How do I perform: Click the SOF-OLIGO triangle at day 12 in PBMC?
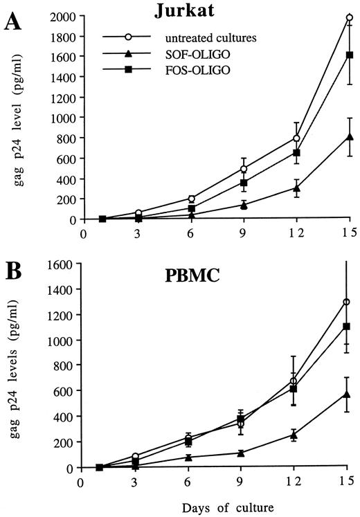coord(294,435)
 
